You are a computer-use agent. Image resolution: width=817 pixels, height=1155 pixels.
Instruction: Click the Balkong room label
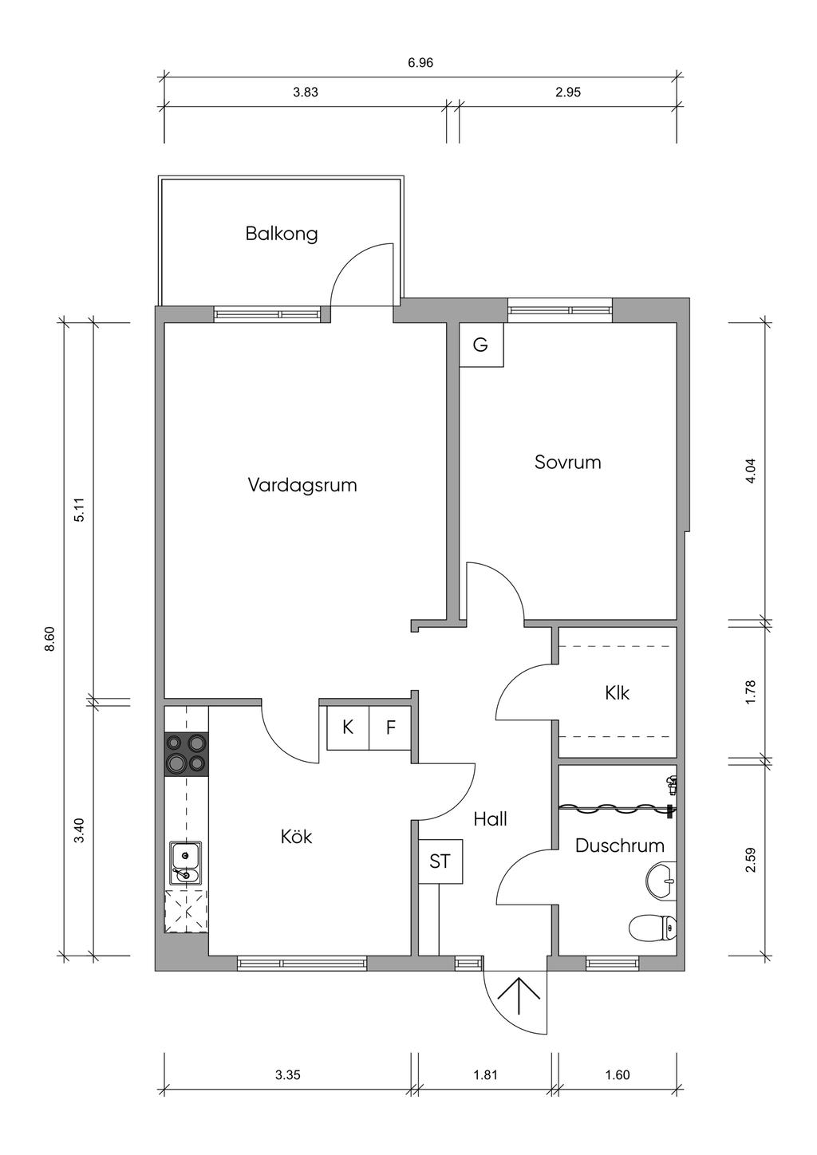click(281, 234)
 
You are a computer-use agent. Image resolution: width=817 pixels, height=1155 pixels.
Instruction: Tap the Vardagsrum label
click(302, 485)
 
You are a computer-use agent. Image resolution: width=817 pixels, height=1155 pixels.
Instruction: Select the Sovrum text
click(568, 462)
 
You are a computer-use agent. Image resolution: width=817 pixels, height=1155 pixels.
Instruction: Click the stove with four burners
click(187, 754)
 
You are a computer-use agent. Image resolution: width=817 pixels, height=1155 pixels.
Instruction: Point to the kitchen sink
click(186, 864)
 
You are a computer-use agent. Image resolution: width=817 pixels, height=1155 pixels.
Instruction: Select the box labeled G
click(481, 345)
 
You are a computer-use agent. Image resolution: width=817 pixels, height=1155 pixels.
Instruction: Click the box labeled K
click(348, 728)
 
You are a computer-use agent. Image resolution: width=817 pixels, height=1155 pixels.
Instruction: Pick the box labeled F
click(390, 728)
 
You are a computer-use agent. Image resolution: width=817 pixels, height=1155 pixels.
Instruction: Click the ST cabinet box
click(440, 861)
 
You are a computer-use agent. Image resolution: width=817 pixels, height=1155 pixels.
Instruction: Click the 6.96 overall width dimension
click(420, 64)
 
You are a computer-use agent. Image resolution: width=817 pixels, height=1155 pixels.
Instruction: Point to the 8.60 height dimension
click(50, 640)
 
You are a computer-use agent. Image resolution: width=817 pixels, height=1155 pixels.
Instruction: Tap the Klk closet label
click(617, 693)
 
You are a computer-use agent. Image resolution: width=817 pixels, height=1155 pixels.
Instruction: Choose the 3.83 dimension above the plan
click(306, 93)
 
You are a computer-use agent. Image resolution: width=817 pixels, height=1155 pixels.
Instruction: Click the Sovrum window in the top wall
click(561, 310)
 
